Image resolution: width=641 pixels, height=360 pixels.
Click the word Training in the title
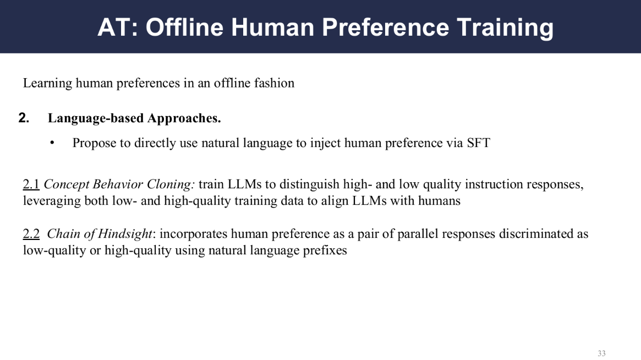pyautogui.click(x=505, y=27)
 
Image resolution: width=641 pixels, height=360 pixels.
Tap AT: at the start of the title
pyautogui.click(x=118, y=27)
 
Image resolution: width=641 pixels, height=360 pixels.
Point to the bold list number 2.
pyautogui.click(x=24, y=118)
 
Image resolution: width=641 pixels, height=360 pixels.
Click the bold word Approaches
pyautogui.click(x=184, y=118)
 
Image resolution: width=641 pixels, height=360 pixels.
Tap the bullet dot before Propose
pyautogui.click(x=52, y=143)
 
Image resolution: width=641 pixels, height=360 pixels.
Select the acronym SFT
pyautogui.click(x=478, y=143)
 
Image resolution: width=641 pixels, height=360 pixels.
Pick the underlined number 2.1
pyautogui.click(x=31, y=184)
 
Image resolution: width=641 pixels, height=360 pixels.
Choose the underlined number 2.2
pyautogui.click(x=31, y=233)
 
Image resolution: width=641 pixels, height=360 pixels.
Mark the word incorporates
pyautogui.click(x=193, y=234)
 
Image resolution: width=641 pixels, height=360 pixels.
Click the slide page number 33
pyautogui.click(x=601, y=353)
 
